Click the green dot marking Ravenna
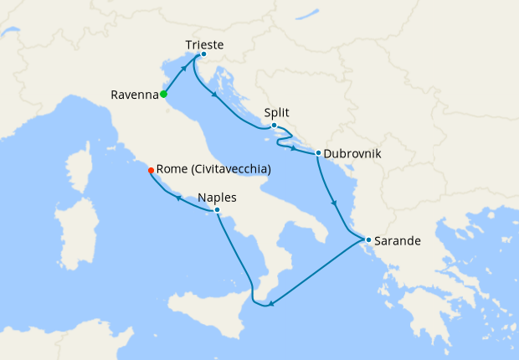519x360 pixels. (x=163, y=94)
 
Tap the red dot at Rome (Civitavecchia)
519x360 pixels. (x=151, y=170)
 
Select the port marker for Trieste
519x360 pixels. (x=203, y=54)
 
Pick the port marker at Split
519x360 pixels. (x=274, y=125)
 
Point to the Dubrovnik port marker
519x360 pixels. (x=318, y=152)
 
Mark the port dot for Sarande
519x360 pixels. (x=368, y=239)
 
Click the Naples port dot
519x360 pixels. (x=217, y=209)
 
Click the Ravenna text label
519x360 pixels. (x=134, y=95)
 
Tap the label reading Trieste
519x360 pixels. (x=205, y=44)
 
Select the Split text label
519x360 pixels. (x=277, y=111)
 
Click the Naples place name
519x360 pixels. (x=217, y=198)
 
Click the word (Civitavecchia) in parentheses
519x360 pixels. (x=231, y=170)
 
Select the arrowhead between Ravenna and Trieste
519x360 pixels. (x=183, y=73)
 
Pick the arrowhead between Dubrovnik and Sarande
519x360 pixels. (x=334, y=203)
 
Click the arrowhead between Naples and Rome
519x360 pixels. (x=178, y=197)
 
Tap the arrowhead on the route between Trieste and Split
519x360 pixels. (x=216, y=95)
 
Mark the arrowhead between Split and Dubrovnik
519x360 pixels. (x=295, y=146)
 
